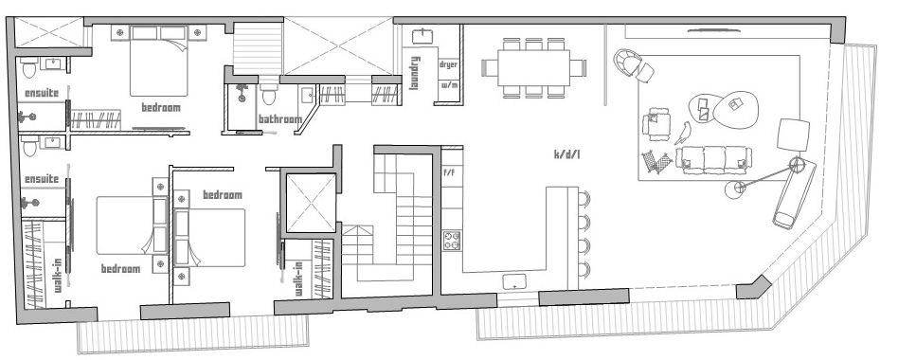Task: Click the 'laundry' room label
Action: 415,73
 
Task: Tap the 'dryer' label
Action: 448,64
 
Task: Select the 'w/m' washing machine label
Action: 448,85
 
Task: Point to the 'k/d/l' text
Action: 567,154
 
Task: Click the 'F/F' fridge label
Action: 450,171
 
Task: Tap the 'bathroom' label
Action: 280,119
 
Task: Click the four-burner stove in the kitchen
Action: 452,241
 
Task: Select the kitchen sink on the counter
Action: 515,281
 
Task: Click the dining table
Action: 533,67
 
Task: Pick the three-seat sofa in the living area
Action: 713,160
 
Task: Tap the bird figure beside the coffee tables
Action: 683,133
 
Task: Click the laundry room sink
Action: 423,36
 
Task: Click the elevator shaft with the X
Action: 311,203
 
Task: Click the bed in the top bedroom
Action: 158,61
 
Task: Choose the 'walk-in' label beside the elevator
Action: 298,279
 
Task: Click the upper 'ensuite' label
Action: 42,93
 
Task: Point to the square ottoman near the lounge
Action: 793,135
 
